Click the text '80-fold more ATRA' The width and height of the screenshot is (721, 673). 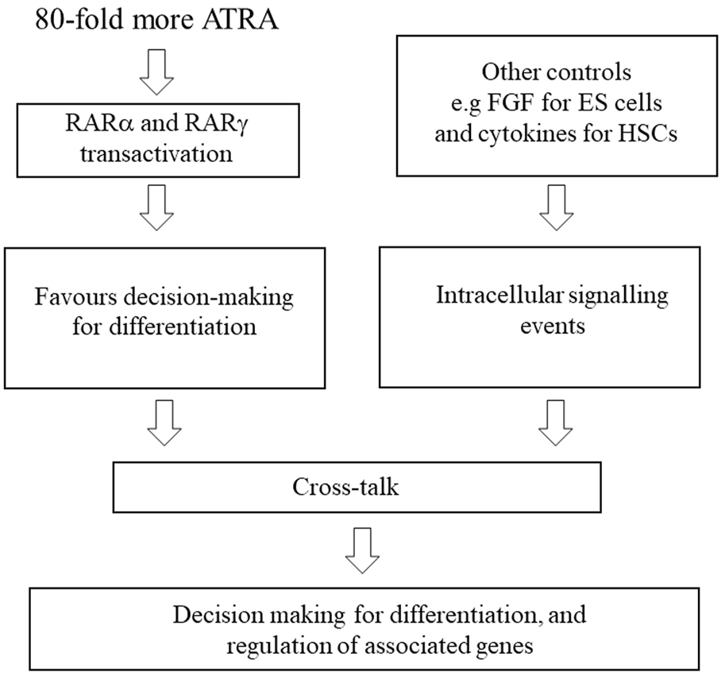point(156,18)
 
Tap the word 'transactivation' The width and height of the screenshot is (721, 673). point(157,153)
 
